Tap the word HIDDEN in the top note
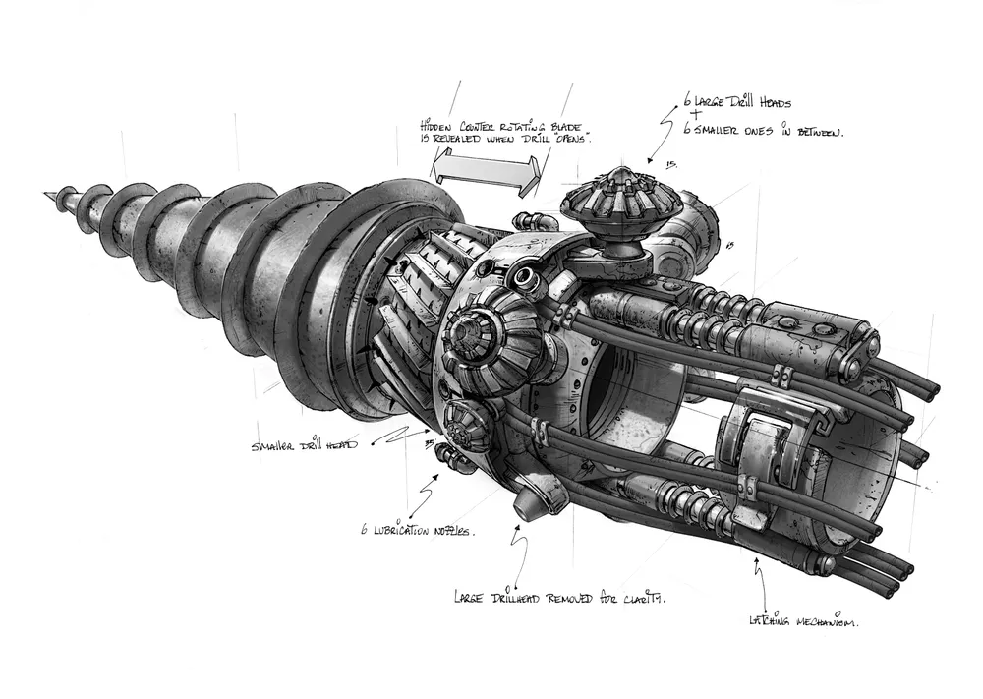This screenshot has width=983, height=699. pos(436,126)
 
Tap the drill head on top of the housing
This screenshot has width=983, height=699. pos(607,204)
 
